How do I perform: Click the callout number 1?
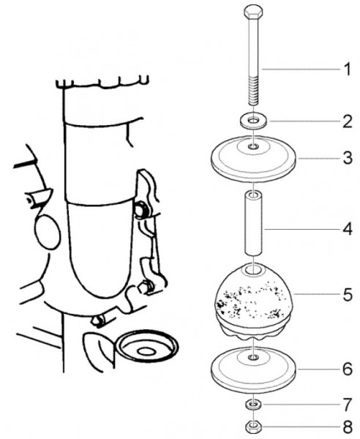pyautogui.click(x=348, y=70)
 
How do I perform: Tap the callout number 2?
pyautogui.click(x=348, y=121)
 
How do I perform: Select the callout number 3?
pyautogui.click(x=348, y=158)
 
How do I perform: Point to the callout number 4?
pyautogui.click(x=348, y=229)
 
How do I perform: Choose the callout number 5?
pyautogui.click(x=348, y=295)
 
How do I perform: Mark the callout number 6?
pyautogui.click(x=348, y=369)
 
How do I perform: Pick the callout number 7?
pyautogui.click(x=348, y=405)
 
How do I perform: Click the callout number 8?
pyautogui.click(x=348, y=427)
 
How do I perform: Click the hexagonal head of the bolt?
pyautogui.click(x=254, y=12)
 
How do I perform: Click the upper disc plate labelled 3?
pyautogui.click(x=253, y=159)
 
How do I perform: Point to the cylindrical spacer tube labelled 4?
pyautogui.click(x=254, y=223)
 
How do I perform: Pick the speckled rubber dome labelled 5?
pyautogui.click(x=253, y=301)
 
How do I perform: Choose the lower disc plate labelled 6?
pyautogui.click(x=253, y=370)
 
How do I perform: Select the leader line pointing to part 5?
pyautogui.click(x=316, y=294)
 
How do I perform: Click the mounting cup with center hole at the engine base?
pyautogui.click(x=146, y=347)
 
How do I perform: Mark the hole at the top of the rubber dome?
pyautogui.click(x=253, y=270)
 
